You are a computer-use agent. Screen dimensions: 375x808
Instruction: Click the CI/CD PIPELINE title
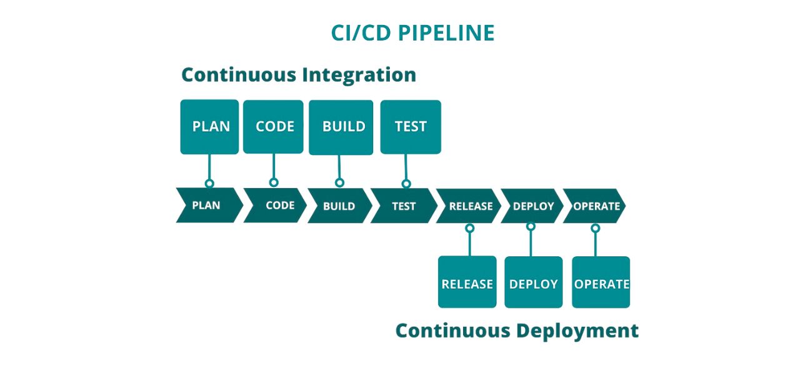412,33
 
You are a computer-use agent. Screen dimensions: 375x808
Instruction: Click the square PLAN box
209,126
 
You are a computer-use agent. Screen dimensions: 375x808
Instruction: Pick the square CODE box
274,126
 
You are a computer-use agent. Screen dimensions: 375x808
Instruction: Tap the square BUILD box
341,127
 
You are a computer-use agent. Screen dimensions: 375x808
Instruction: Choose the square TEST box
410,126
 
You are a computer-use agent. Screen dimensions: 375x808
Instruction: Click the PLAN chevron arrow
208,205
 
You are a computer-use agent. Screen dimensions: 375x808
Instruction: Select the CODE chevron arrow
277,205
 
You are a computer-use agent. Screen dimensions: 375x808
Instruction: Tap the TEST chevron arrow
404,206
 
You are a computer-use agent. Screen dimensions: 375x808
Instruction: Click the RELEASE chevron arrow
470,206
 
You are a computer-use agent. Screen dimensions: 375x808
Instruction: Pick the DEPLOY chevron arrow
532,206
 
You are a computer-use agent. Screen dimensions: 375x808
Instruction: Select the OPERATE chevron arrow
596,206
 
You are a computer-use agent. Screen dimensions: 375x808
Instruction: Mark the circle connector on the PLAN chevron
209,183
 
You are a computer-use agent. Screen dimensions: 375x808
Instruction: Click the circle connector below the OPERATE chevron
596,228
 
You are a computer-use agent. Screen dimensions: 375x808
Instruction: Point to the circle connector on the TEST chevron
406,183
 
